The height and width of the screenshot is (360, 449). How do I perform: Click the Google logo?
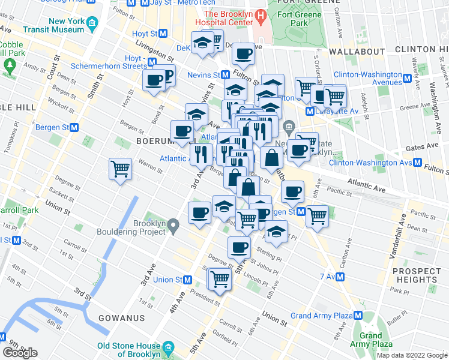(20, 353)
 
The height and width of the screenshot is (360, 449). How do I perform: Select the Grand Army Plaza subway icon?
(359, 316)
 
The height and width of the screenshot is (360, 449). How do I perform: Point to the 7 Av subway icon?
(340, 277)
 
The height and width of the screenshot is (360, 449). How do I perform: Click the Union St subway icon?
(188, 280)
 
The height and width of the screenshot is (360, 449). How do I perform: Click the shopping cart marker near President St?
(220, 279)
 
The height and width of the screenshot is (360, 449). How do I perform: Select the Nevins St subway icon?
(225, 75)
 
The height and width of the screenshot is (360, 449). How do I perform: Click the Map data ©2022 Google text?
(412, 355)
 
